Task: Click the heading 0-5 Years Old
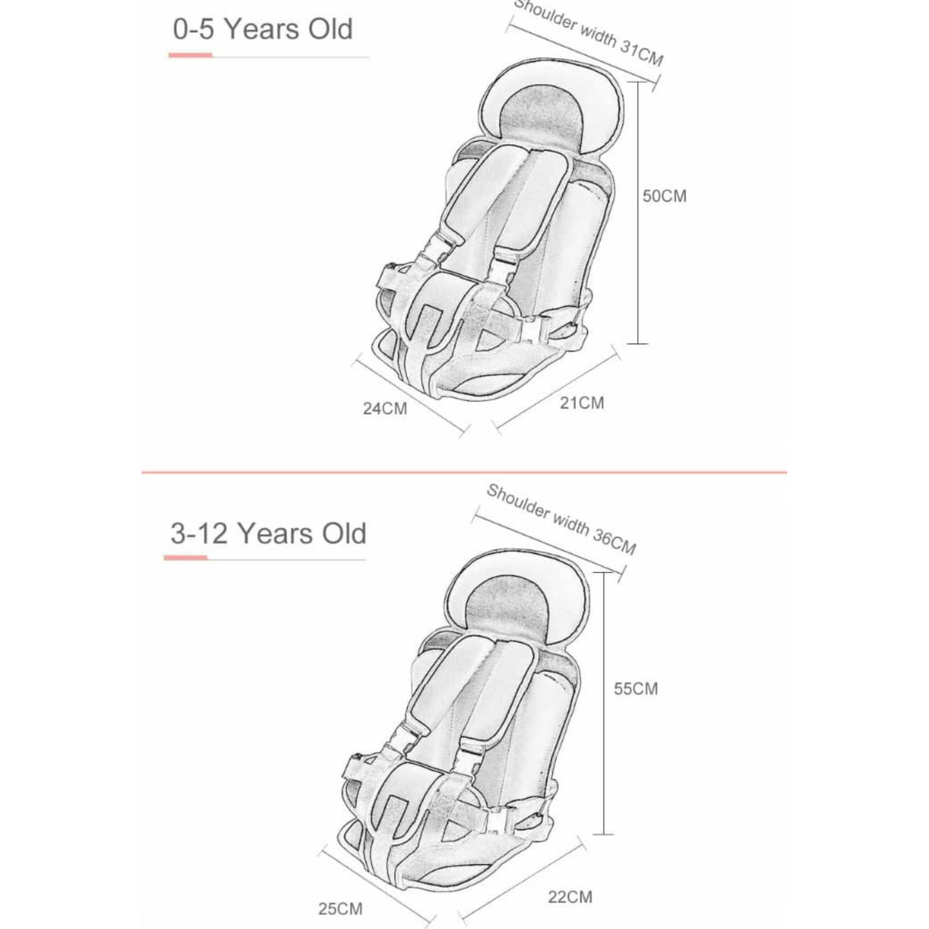coord(263,30)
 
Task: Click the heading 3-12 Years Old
coord(269,534)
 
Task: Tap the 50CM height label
coord(664,196)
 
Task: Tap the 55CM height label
coord(636,689)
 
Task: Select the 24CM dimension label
coord(385,409)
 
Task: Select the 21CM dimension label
coord(582,403)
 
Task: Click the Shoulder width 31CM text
coord(589,32)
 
